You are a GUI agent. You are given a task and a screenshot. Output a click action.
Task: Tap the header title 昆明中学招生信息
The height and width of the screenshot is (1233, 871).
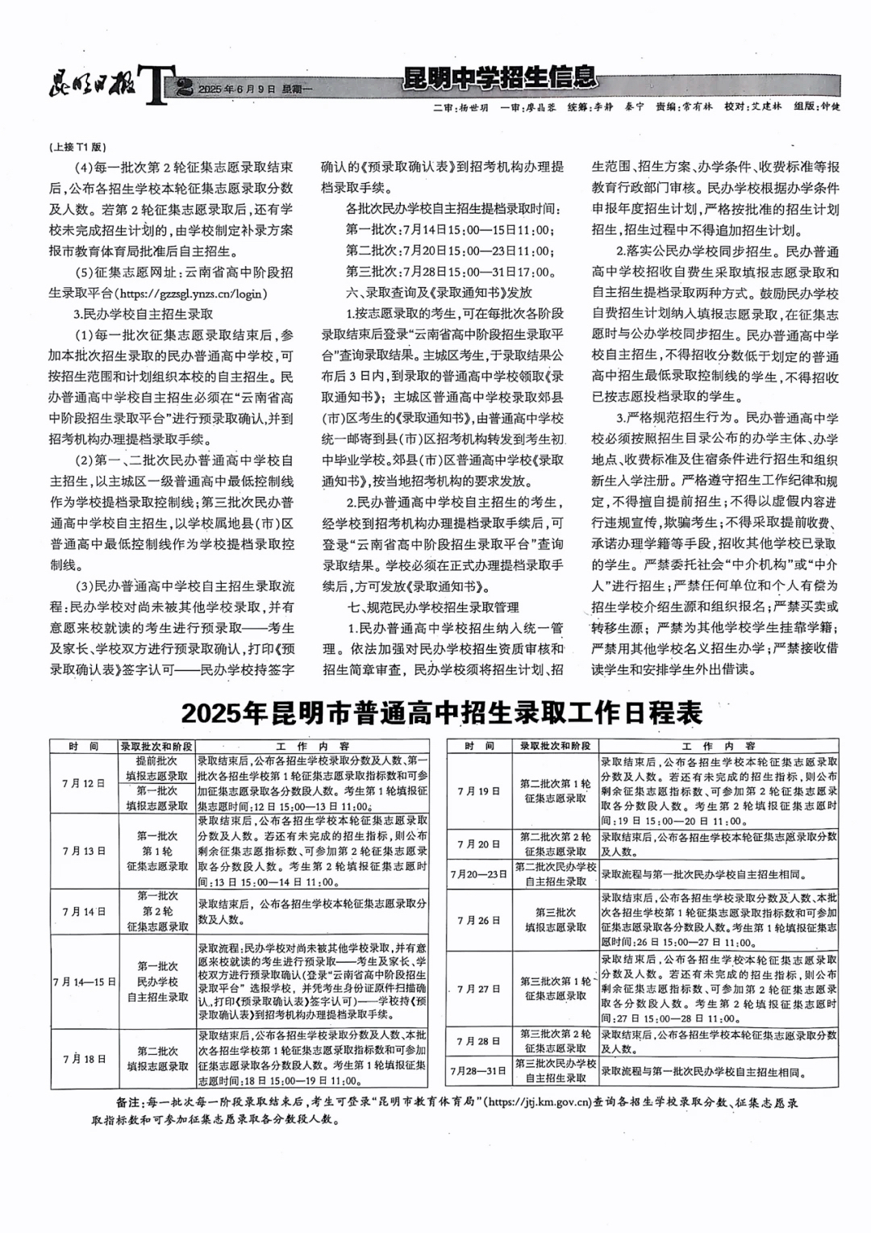coord(500,77)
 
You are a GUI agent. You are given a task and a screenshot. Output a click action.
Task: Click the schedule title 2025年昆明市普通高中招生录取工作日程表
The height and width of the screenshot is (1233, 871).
coord(442,713)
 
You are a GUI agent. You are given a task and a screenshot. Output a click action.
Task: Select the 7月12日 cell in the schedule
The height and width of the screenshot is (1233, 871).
coord(84,783)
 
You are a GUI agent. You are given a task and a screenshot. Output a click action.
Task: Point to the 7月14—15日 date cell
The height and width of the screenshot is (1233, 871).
coord(84,981)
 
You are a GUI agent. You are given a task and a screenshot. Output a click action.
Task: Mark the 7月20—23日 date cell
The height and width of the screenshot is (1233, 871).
coord(479,873)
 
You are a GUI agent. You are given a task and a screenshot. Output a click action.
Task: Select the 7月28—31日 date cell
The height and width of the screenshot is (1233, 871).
coord(479,1070)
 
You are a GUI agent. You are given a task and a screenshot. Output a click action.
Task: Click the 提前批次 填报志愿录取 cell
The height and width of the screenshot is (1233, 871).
coord(157,768)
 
